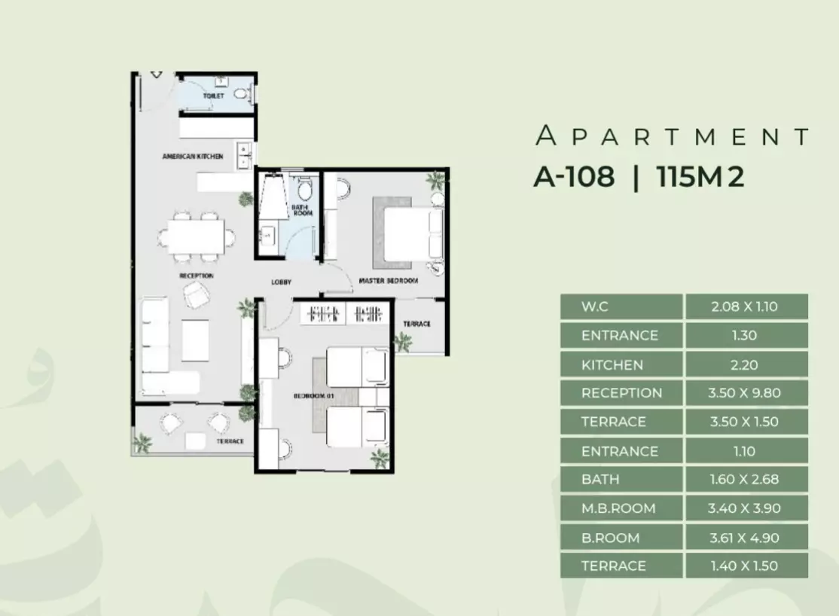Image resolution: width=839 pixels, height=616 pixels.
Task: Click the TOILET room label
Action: coord(213,96)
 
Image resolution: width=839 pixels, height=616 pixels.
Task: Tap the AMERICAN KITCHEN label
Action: coord(193,157)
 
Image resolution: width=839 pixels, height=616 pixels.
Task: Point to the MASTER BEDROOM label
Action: coord(389,280)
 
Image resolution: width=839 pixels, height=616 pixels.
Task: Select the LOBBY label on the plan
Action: coord(282,282)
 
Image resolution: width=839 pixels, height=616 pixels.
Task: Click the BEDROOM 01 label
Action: coord(313,395)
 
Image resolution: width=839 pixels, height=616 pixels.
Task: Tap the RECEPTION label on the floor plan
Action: coord(197,276)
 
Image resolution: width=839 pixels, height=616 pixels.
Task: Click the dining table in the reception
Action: coord(196,236)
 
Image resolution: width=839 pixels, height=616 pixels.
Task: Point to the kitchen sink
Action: coord(244,156)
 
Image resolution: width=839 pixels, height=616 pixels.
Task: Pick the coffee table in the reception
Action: coord(195,340)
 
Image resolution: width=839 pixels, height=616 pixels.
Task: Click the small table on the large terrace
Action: coord(195,441)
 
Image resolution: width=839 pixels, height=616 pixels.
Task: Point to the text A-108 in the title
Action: coord(574,176)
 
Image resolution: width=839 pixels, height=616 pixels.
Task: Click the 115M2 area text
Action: coord(700,176)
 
